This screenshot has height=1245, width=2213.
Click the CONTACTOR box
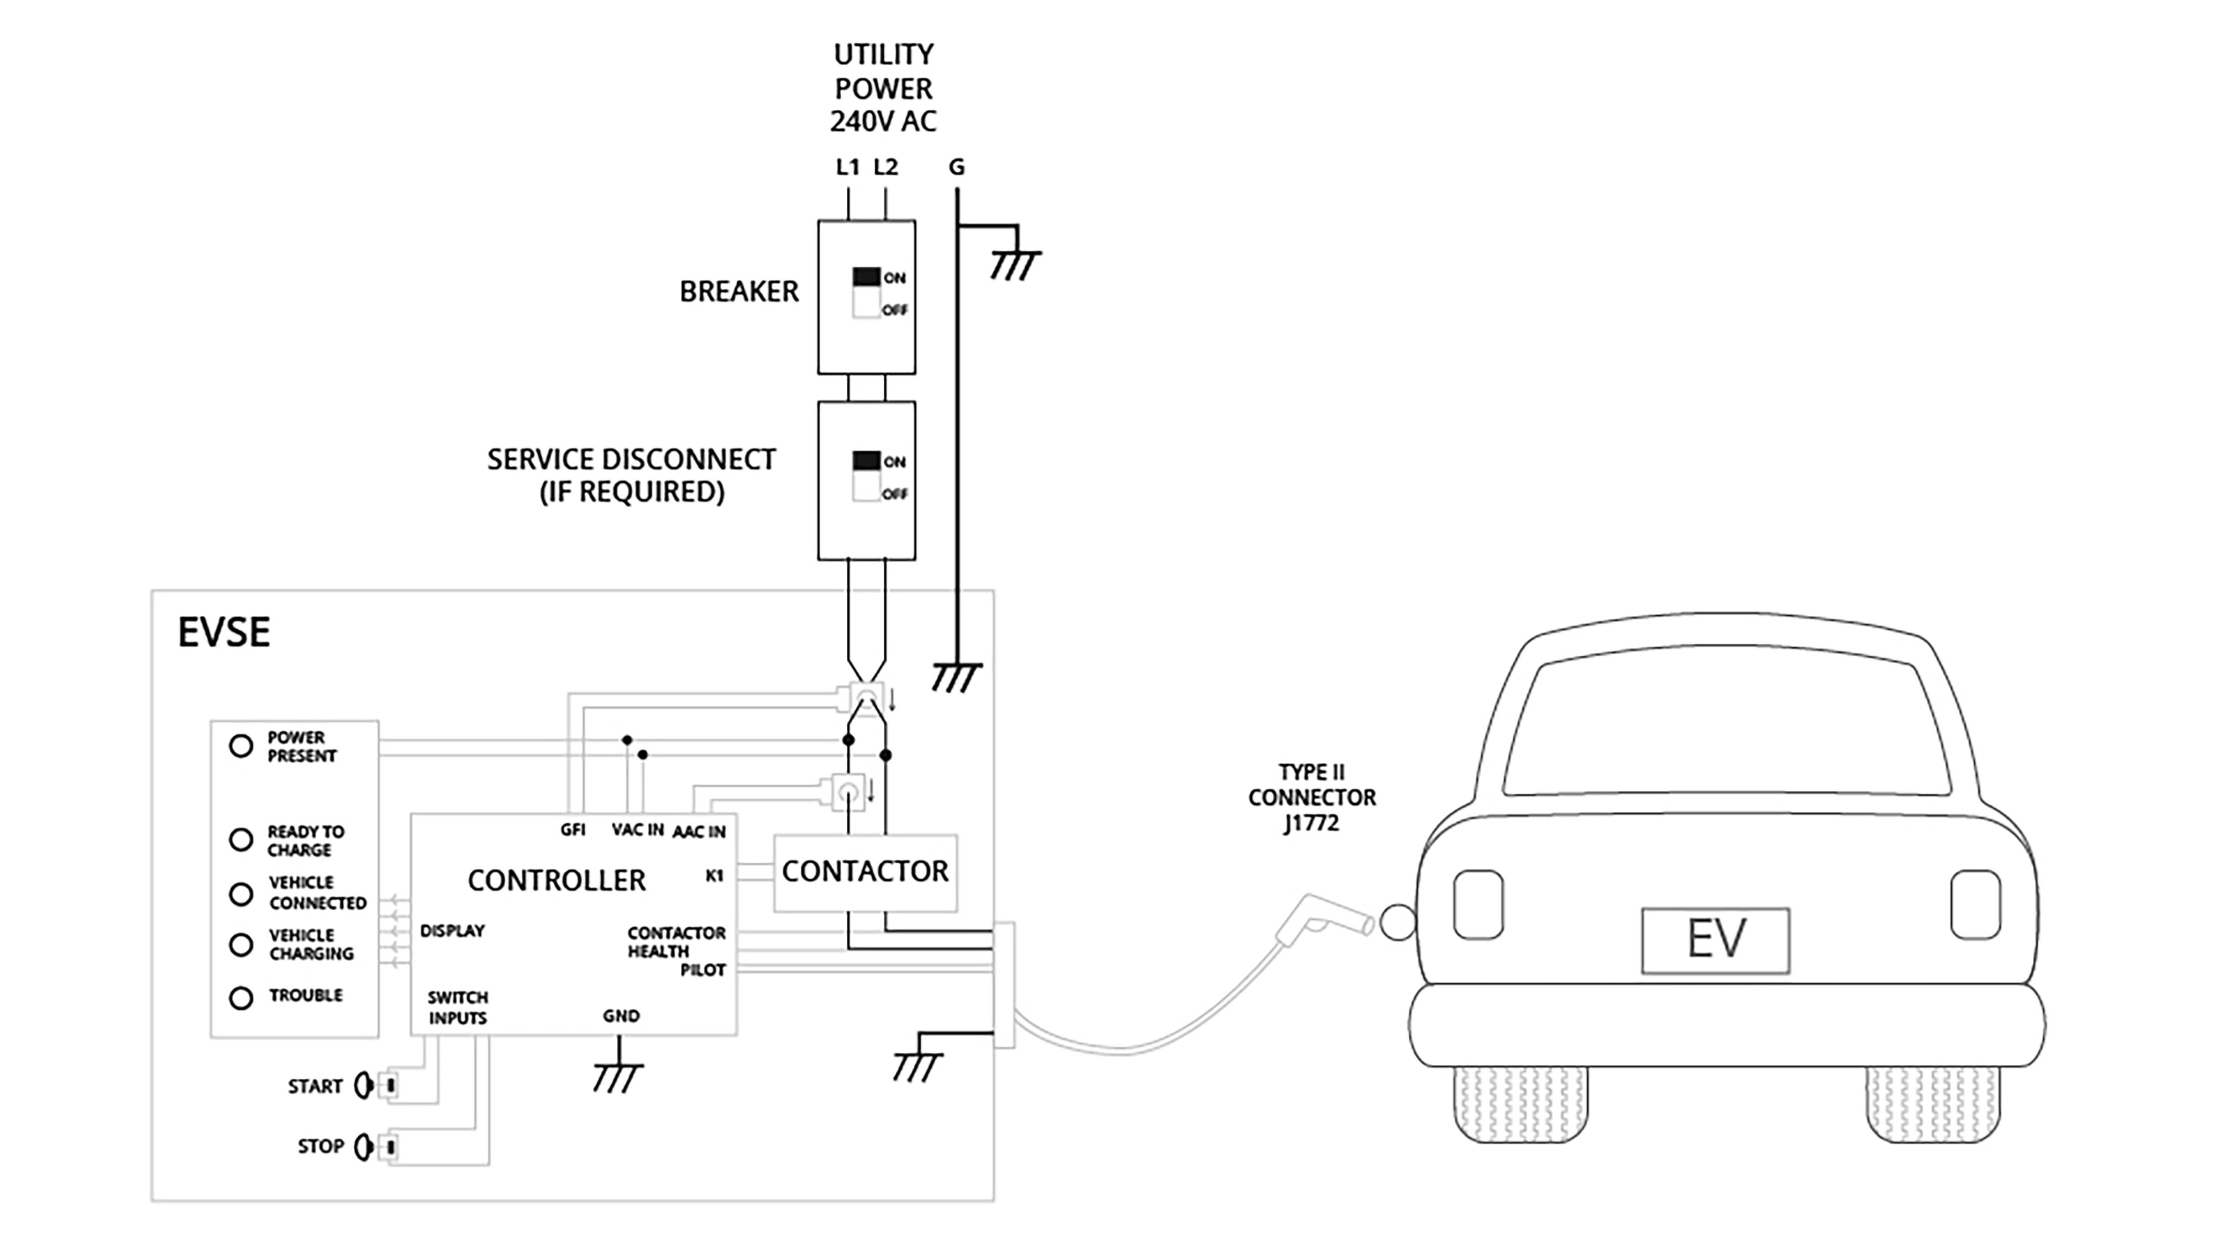coord(864,872)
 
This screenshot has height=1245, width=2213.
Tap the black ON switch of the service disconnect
coord(866,460)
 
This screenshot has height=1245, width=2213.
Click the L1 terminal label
coord(847,167)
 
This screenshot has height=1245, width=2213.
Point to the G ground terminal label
coord(956,167)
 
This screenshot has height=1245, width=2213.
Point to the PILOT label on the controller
coord(702,970)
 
